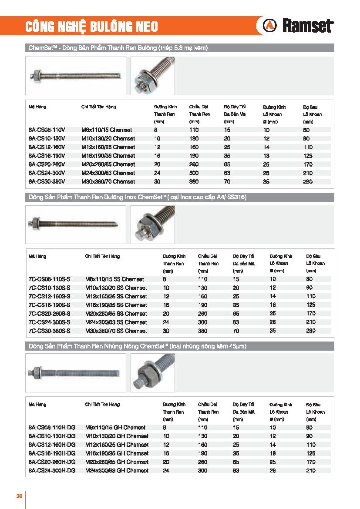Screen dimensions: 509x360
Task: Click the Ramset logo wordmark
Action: (308, 27)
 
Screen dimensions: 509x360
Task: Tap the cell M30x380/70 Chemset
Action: (108, 181)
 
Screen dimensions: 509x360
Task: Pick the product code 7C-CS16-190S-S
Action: (49, 305)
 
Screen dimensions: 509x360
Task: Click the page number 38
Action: (19, 496)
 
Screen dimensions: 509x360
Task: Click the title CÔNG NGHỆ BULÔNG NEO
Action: (91, 27)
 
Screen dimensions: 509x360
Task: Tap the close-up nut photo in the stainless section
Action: (153, 225)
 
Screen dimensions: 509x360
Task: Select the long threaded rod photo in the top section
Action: (75, 76)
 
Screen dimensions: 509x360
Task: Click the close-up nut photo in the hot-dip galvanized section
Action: (153, 373)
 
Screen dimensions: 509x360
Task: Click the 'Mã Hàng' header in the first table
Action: (37, 107)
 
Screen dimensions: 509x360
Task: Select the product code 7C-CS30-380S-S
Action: (49, 331)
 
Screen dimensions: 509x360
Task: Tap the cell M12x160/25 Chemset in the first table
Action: (108, 147)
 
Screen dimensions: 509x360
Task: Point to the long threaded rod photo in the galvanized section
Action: (75, 373)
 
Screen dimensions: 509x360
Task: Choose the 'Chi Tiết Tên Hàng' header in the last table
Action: (102, 405)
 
